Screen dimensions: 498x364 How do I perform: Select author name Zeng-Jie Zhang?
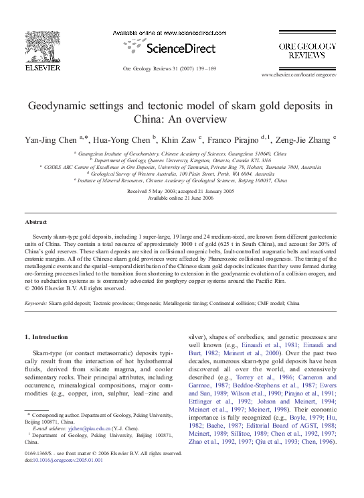304,139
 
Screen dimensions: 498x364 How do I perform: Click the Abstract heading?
35,221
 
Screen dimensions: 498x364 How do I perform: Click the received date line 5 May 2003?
181,192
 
